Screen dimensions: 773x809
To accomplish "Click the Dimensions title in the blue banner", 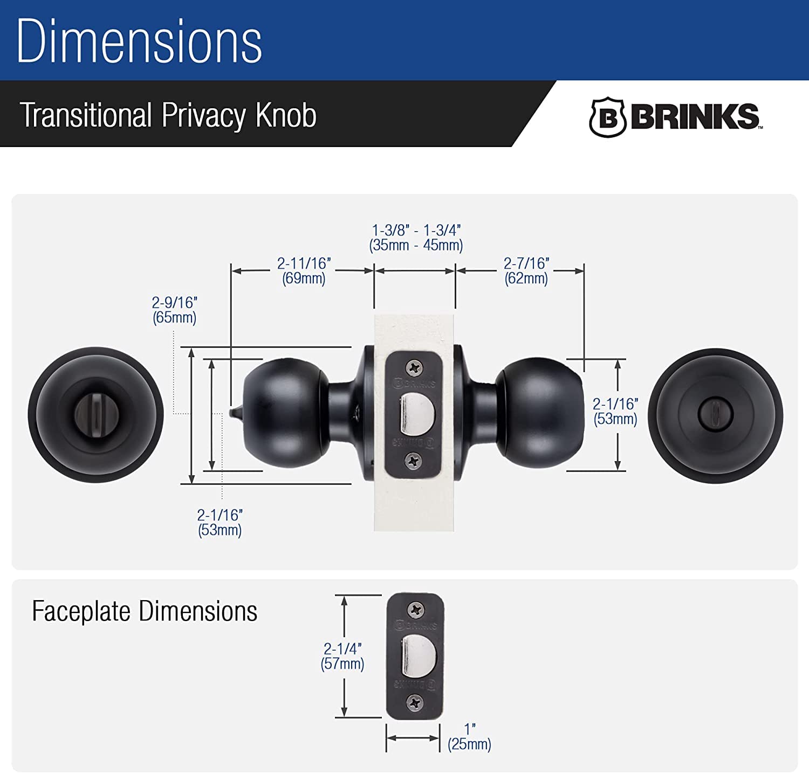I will click(x=139, y=41).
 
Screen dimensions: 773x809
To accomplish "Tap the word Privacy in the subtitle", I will click(x=203, y=115).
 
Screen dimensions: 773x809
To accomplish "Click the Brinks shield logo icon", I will click(x=607, y=117).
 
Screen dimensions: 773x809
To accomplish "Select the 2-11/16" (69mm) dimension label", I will click(x=304, y=271).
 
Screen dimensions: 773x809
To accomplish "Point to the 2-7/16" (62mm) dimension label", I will click(x=526, y=271).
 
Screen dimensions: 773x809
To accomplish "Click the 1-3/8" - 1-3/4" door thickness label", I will click(x=416, y=238).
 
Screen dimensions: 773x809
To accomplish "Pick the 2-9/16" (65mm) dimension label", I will click(x=174, y=310).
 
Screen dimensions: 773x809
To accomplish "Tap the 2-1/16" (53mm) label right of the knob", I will click(x=615, y=412).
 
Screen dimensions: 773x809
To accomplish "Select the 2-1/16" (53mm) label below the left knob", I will click(x=220, y=523).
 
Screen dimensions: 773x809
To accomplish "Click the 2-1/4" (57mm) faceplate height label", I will click(x=342, y=656).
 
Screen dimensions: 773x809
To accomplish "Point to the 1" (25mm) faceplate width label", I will click(x=469, y=737).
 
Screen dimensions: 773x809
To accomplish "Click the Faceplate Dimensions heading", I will click(x=145, y=611).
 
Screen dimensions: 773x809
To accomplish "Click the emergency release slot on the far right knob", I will click(x=715, y=414).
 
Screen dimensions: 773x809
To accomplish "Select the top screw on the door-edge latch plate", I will click(x=414, y=368).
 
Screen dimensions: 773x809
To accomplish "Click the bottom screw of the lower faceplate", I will click(x=415, y=702).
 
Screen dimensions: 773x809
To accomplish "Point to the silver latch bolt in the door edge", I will click(x=417, y=414).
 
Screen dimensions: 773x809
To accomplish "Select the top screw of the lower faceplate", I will click(x=416, y=610).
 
